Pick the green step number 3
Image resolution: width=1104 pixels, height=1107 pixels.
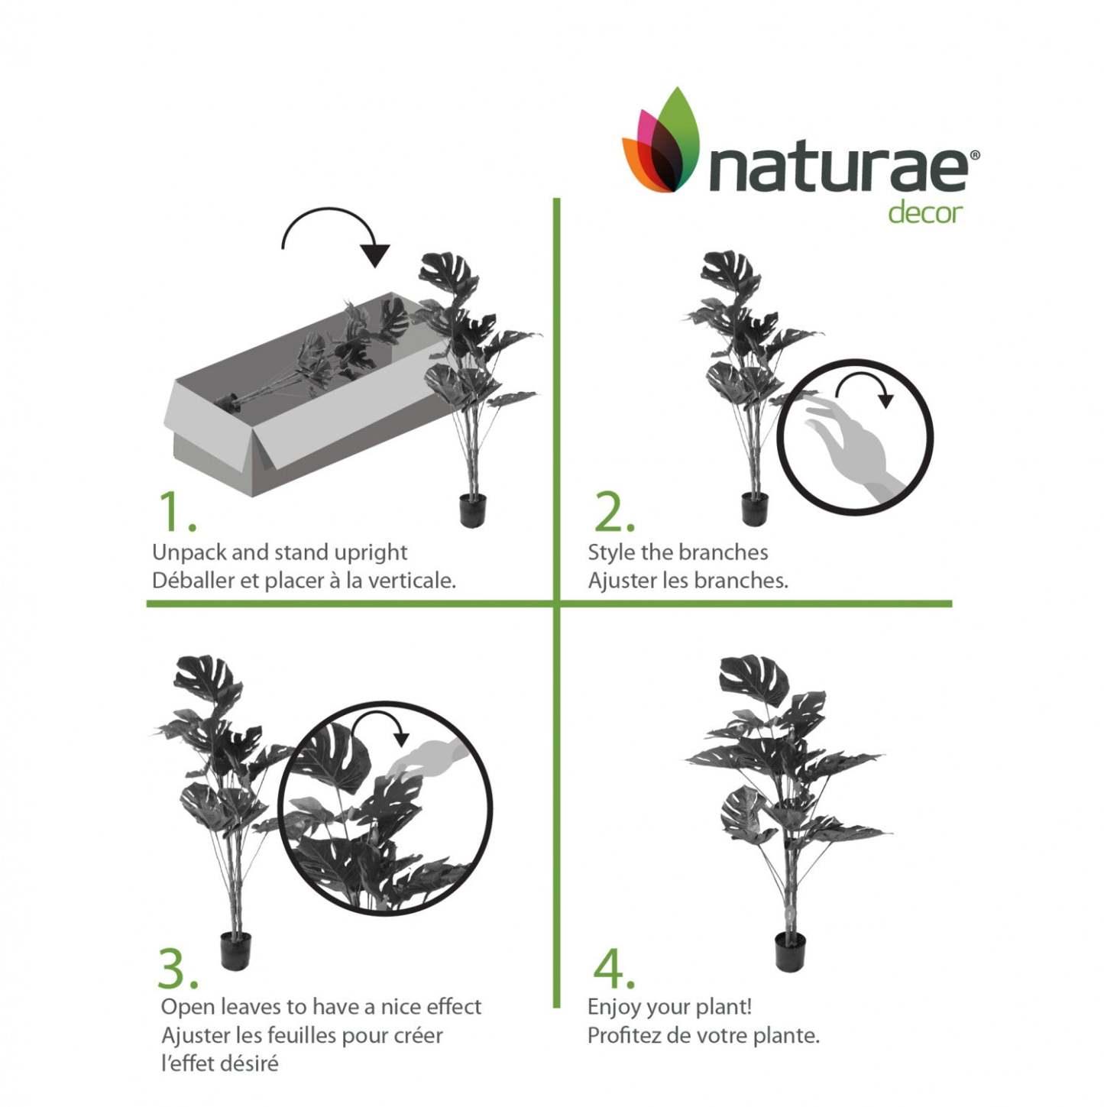tap(176, 968)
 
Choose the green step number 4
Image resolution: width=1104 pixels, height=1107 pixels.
tap(613, 968)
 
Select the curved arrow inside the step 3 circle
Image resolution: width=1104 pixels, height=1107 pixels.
tap(381, 727)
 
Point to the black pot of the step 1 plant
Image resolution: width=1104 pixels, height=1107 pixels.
tap(473, 510)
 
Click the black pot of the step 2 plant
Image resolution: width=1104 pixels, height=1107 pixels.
tap(754, 508)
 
